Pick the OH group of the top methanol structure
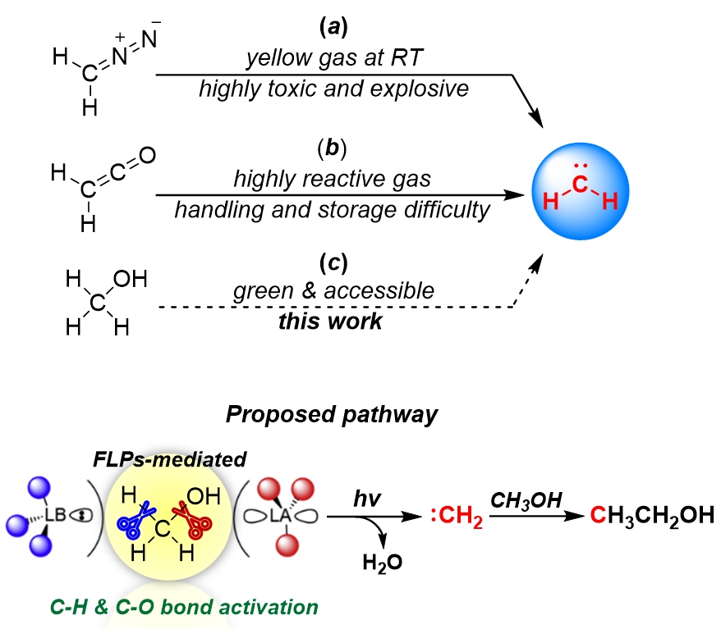click(131, 280)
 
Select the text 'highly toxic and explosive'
click(333, 88)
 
